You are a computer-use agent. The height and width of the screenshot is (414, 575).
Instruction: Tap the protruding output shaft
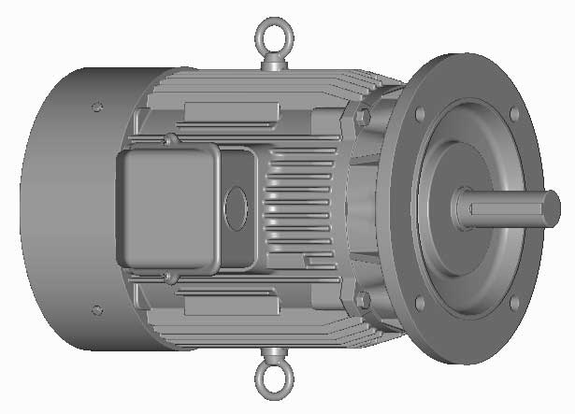point(510,208)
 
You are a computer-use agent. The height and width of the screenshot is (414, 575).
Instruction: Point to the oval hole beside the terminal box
point(237,203)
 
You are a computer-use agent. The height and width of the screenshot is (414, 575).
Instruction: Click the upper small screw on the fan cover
point(96,107)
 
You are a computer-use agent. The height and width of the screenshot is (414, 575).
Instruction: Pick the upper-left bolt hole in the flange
point(420,114)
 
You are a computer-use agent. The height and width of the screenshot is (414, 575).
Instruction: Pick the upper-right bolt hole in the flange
point(513,114)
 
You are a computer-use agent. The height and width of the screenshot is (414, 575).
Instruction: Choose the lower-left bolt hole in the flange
point(420,303)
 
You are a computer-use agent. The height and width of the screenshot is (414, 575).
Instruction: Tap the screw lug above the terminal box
point(169,141)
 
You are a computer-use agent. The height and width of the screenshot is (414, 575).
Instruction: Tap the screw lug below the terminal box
point(169,278)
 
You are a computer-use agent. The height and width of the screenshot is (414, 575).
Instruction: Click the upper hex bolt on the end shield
point(363,117)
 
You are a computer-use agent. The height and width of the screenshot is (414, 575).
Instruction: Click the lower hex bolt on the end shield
point(363,300)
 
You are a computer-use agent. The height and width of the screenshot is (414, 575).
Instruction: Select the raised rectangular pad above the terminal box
point(231,112)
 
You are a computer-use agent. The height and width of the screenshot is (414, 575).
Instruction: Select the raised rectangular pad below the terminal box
point(231,305)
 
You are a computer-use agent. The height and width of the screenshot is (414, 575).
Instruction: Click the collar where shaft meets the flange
point(461,208)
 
